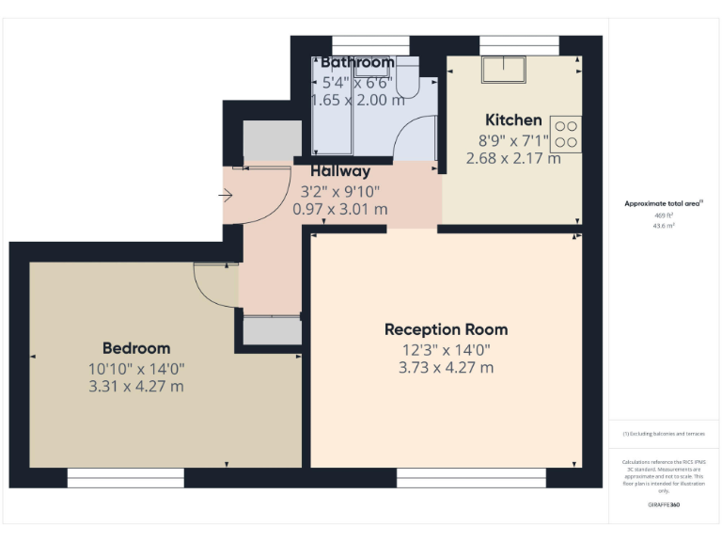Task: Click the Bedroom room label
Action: [136, 348]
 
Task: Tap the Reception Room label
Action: [446, 329]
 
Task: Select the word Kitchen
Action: [513, 120]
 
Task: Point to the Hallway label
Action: [340, 171]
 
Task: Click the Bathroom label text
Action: [357, 62]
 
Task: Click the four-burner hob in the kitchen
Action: [565, 133]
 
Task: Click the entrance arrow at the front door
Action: [226, 196]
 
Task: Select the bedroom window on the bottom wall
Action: [125, 479]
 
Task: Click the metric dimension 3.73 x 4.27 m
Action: [446, 367]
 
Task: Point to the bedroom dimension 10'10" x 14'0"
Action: [136, 369]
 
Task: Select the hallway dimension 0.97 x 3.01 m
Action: [340, 209]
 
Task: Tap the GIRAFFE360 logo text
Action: [664, 505]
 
